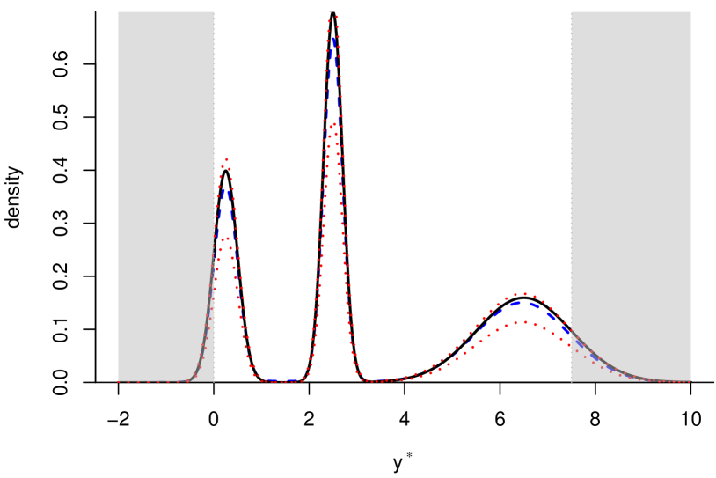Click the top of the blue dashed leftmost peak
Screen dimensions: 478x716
[x=225, y=188]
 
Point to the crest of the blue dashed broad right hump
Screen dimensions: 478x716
[x=522, y=302]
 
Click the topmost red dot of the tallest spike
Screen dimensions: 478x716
[x=331, y=11]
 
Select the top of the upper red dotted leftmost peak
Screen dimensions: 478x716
[x=226, y=159]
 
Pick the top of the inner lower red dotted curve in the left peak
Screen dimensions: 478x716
[x=225, y=239]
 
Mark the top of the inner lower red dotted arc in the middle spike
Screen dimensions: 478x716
[x=332, y=124]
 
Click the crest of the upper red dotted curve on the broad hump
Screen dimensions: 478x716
[x=524, y=293]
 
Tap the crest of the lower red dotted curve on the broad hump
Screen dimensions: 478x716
[x=522, y=322]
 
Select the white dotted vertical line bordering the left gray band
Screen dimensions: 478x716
[x=215, y=88]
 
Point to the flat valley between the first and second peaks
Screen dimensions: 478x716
[x=280, y=381]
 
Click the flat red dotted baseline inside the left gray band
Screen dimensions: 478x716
[x=150, y=381]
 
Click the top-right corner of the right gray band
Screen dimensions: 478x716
[x=690, y=13]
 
